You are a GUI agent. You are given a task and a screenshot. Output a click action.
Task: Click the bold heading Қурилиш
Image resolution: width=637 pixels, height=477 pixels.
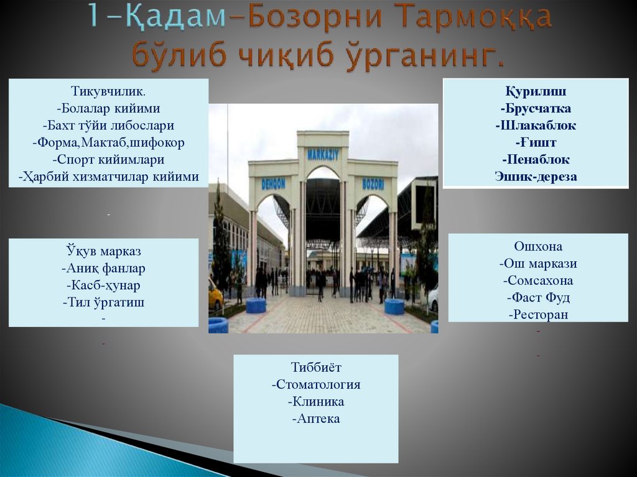click(535, 91)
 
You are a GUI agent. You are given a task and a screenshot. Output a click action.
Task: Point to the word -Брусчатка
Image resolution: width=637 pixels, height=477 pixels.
click(535, 108)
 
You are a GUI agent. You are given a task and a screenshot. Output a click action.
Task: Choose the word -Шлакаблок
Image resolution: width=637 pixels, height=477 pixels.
click(536, 125)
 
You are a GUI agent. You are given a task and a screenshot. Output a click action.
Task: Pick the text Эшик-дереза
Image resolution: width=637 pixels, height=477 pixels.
click(536, 177)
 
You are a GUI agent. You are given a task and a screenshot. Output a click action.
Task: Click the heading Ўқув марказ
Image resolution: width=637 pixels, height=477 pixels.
click(104, 252)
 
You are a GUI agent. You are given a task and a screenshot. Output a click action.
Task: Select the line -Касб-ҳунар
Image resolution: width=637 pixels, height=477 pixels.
click(104, 285)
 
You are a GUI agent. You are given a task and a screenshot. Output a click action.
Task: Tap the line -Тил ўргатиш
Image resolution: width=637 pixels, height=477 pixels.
click(104, 302)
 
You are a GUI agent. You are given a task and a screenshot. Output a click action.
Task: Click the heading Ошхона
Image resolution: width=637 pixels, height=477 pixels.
click(538, 246)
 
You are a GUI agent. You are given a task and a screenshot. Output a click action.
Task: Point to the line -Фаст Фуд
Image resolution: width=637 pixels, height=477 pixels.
click(538, 297)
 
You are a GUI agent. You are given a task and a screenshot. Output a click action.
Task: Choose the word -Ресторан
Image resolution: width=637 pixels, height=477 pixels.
click(538, 315)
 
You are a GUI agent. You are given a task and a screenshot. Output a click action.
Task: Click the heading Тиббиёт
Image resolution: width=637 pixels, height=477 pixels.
click(316, 367)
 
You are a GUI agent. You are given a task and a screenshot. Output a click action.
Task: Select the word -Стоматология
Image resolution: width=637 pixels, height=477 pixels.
click(316, 384)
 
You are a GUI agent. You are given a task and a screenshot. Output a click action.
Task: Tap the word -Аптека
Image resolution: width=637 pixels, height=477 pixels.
click(316, 419)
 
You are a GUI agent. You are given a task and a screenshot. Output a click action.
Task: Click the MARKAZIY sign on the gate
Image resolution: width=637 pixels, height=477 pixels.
click(323, 154)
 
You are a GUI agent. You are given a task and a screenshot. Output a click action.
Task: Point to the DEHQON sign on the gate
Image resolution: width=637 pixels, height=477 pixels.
click(273, 184)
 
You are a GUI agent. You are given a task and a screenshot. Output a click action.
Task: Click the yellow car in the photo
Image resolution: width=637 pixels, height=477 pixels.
click(215, 295)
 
